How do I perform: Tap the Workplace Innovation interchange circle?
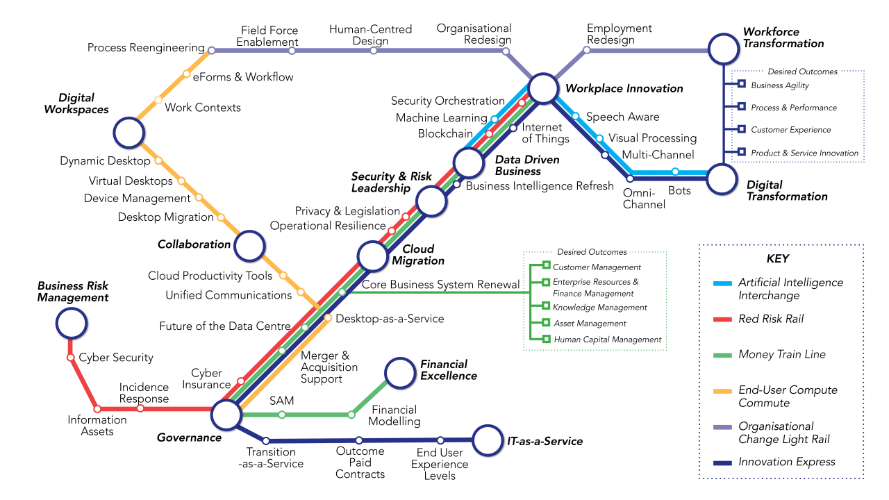(543, 88)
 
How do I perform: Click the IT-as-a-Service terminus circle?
(487, 439)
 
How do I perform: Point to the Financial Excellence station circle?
(399, 372)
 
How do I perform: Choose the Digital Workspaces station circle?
(128, 133)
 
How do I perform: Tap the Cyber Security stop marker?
(70, 358)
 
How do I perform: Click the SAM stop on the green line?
(282, 415)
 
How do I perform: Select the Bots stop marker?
(675, 172)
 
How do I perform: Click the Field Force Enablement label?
(267, 36)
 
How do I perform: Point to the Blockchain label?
(445, 133)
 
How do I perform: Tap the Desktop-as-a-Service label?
(390, 319)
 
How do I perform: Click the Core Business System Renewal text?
(440, 285)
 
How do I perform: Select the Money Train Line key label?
(782, 354)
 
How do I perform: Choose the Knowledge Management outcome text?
(600, 307)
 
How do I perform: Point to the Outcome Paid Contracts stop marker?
(359, 440)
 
